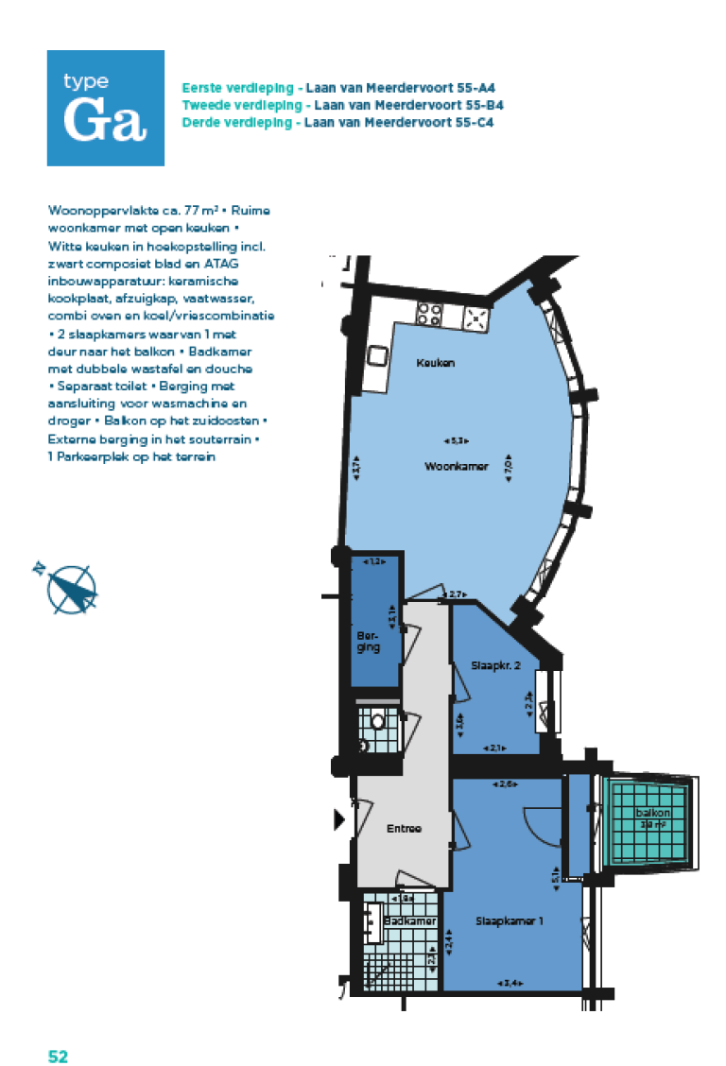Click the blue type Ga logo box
106,108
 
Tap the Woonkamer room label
456,466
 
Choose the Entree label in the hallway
404,829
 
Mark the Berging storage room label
369,642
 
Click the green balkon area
653,820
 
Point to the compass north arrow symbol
70,588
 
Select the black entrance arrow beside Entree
340,819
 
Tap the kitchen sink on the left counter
378,355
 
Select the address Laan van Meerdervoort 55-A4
401,87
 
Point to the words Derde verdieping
237,123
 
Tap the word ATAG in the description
222,265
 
